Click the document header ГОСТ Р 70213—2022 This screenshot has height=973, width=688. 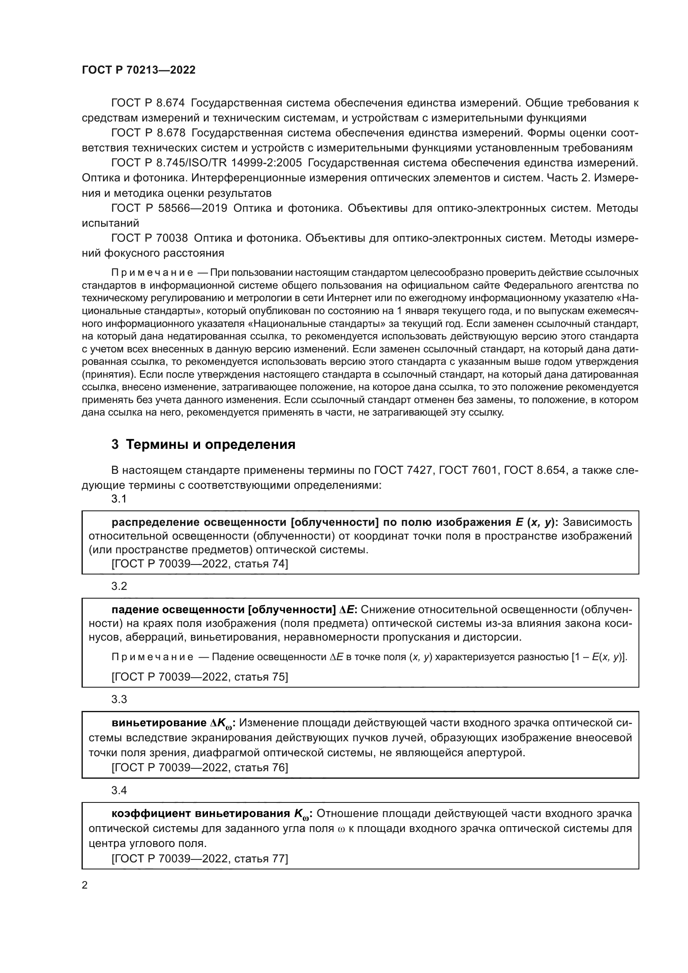coord(139,70)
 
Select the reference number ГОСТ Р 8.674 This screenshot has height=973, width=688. coord(148,103)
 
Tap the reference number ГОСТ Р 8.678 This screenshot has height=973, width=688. coord(148,133)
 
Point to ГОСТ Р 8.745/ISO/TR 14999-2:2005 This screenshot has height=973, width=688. coord(206,163)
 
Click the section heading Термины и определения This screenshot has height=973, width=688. coord(210,445)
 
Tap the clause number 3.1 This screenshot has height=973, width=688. coord(119,499)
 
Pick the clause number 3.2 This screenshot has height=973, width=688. coord(119,587)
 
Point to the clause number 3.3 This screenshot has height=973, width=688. coord(119,699)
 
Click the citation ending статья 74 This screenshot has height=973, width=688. coord(200,564)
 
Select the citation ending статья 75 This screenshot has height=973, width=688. coord(200,677)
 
